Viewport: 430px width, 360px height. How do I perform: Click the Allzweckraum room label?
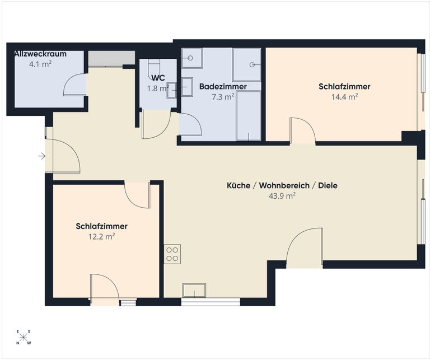40,54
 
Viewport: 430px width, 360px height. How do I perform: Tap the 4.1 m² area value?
40,64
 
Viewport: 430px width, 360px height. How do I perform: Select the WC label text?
158,78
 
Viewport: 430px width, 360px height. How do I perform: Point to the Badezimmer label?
223,87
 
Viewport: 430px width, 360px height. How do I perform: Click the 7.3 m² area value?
223,97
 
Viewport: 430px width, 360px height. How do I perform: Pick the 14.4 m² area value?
345,97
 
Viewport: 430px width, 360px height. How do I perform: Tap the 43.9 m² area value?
282,196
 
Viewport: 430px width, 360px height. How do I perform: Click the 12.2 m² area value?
101,237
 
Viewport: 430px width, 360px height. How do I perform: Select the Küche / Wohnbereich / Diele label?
282,186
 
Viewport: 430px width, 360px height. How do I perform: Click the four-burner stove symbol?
172,254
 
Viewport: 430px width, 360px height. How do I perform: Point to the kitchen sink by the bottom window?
194,291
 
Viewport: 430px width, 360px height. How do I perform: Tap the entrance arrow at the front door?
42,156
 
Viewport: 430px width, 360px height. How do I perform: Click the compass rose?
24,337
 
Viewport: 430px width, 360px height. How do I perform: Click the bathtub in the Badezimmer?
249,116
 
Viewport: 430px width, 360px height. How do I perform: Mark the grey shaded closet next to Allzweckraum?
111,58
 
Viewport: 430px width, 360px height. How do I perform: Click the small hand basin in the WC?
171,90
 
